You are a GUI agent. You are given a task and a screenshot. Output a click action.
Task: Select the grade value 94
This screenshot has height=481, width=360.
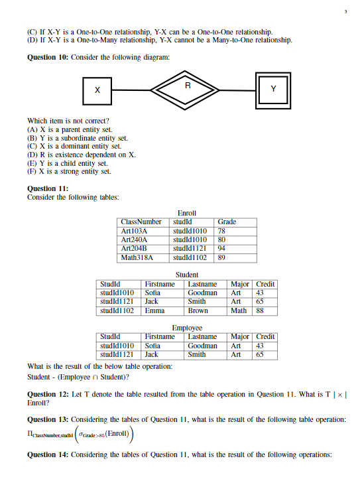(x=222, y=248)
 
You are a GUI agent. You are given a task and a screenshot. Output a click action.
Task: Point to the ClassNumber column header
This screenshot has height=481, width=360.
(x=141, y=222)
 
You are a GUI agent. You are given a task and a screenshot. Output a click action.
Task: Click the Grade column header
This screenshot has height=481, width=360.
(x=227, y=222)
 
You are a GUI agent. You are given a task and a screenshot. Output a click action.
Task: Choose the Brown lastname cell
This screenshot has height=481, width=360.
(x=198, y=310)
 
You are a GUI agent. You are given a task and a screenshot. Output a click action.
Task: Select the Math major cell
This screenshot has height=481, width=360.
(x=239, y=310)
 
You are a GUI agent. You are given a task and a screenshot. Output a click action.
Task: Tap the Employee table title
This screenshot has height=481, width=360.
(x=187, y=328)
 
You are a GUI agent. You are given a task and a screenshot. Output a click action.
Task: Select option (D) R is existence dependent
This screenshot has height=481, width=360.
(x=81, y=155)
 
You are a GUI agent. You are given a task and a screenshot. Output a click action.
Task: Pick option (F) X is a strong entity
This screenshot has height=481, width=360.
(x=69, y=172)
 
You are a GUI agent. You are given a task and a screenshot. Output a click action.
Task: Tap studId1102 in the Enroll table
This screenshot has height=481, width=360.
(x=190, y=257)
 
